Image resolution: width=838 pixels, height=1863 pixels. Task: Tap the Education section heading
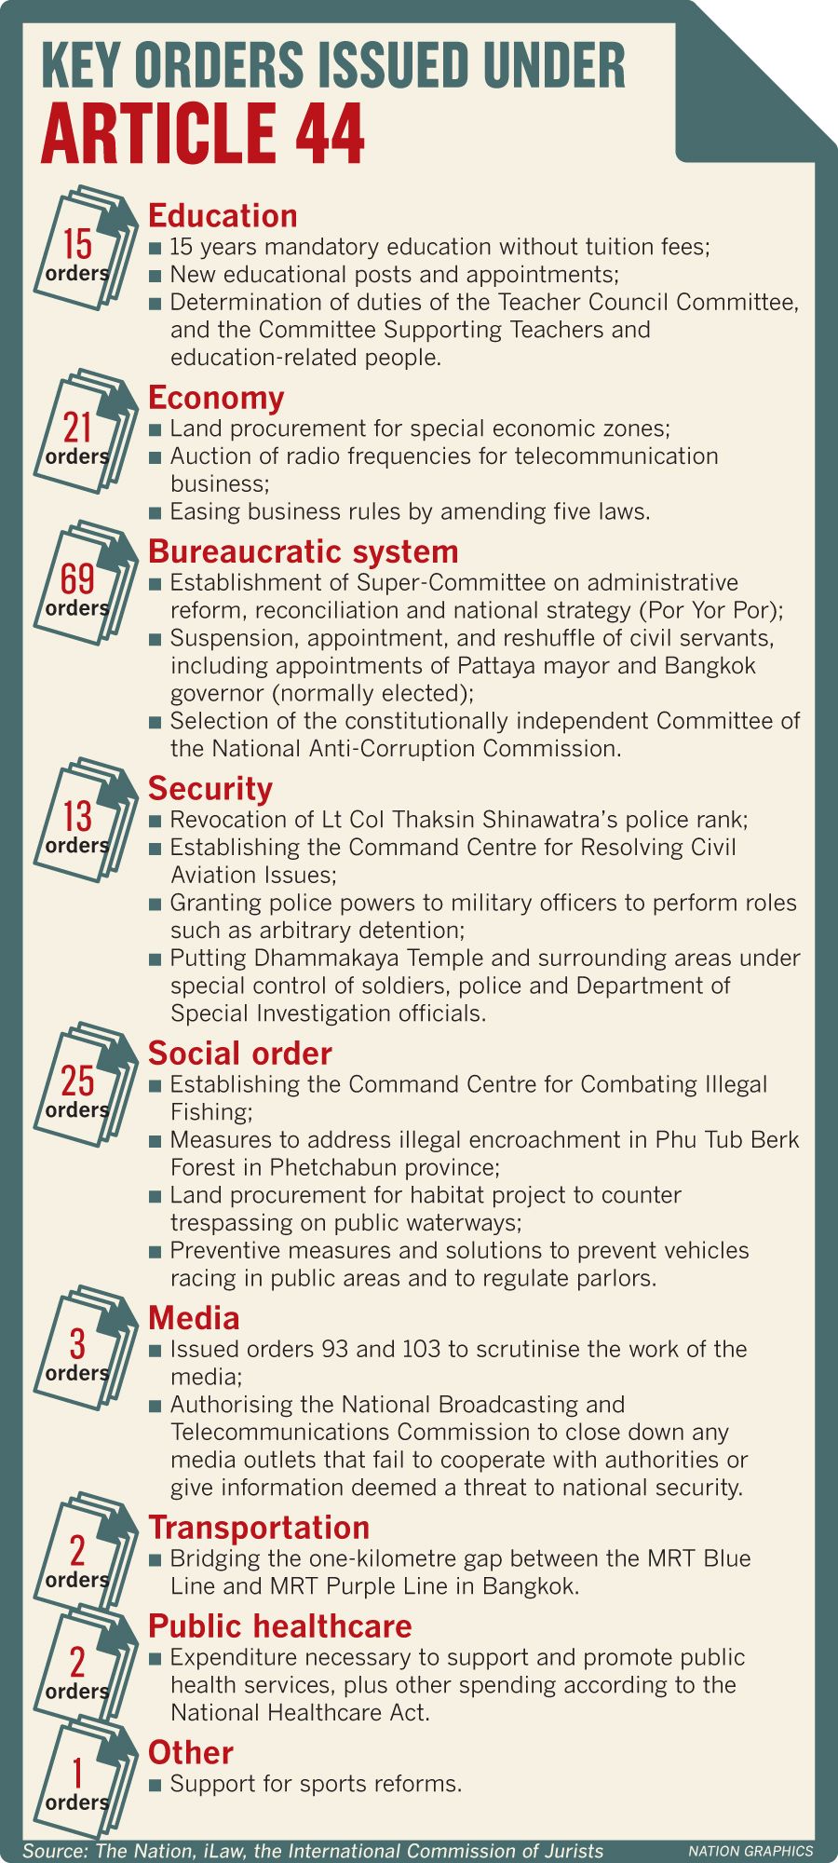[223, 215]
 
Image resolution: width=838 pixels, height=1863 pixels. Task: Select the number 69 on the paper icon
[77, 578]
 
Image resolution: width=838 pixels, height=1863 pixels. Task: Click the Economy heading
[216, 397]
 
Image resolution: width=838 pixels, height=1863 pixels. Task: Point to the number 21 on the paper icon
[77, 428]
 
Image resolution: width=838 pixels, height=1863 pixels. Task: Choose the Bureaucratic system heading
[303, 551]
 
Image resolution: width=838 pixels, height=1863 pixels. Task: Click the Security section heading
[210, 788]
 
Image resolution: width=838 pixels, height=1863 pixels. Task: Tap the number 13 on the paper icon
[77, 816]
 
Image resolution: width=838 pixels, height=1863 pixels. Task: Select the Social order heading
[239, 1053]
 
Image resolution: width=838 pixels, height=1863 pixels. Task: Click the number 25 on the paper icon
[77, 1081]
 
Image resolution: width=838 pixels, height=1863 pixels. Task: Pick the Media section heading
[194, 1317]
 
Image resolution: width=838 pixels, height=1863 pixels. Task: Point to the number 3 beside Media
[77, 1344]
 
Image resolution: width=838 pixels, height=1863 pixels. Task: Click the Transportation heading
[259, 1527]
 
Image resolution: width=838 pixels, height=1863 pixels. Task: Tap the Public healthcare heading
[279, 1625]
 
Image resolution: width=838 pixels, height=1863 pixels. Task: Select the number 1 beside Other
[77, 1773]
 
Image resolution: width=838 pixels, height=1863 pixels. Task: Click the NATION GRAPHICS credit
[750, 1851]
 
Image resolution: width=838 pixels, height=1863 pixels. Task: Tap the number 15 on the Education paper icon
[77, 244]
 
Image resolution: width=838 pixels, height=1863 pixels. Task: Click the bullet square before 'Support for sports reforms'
[155, 1785]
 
